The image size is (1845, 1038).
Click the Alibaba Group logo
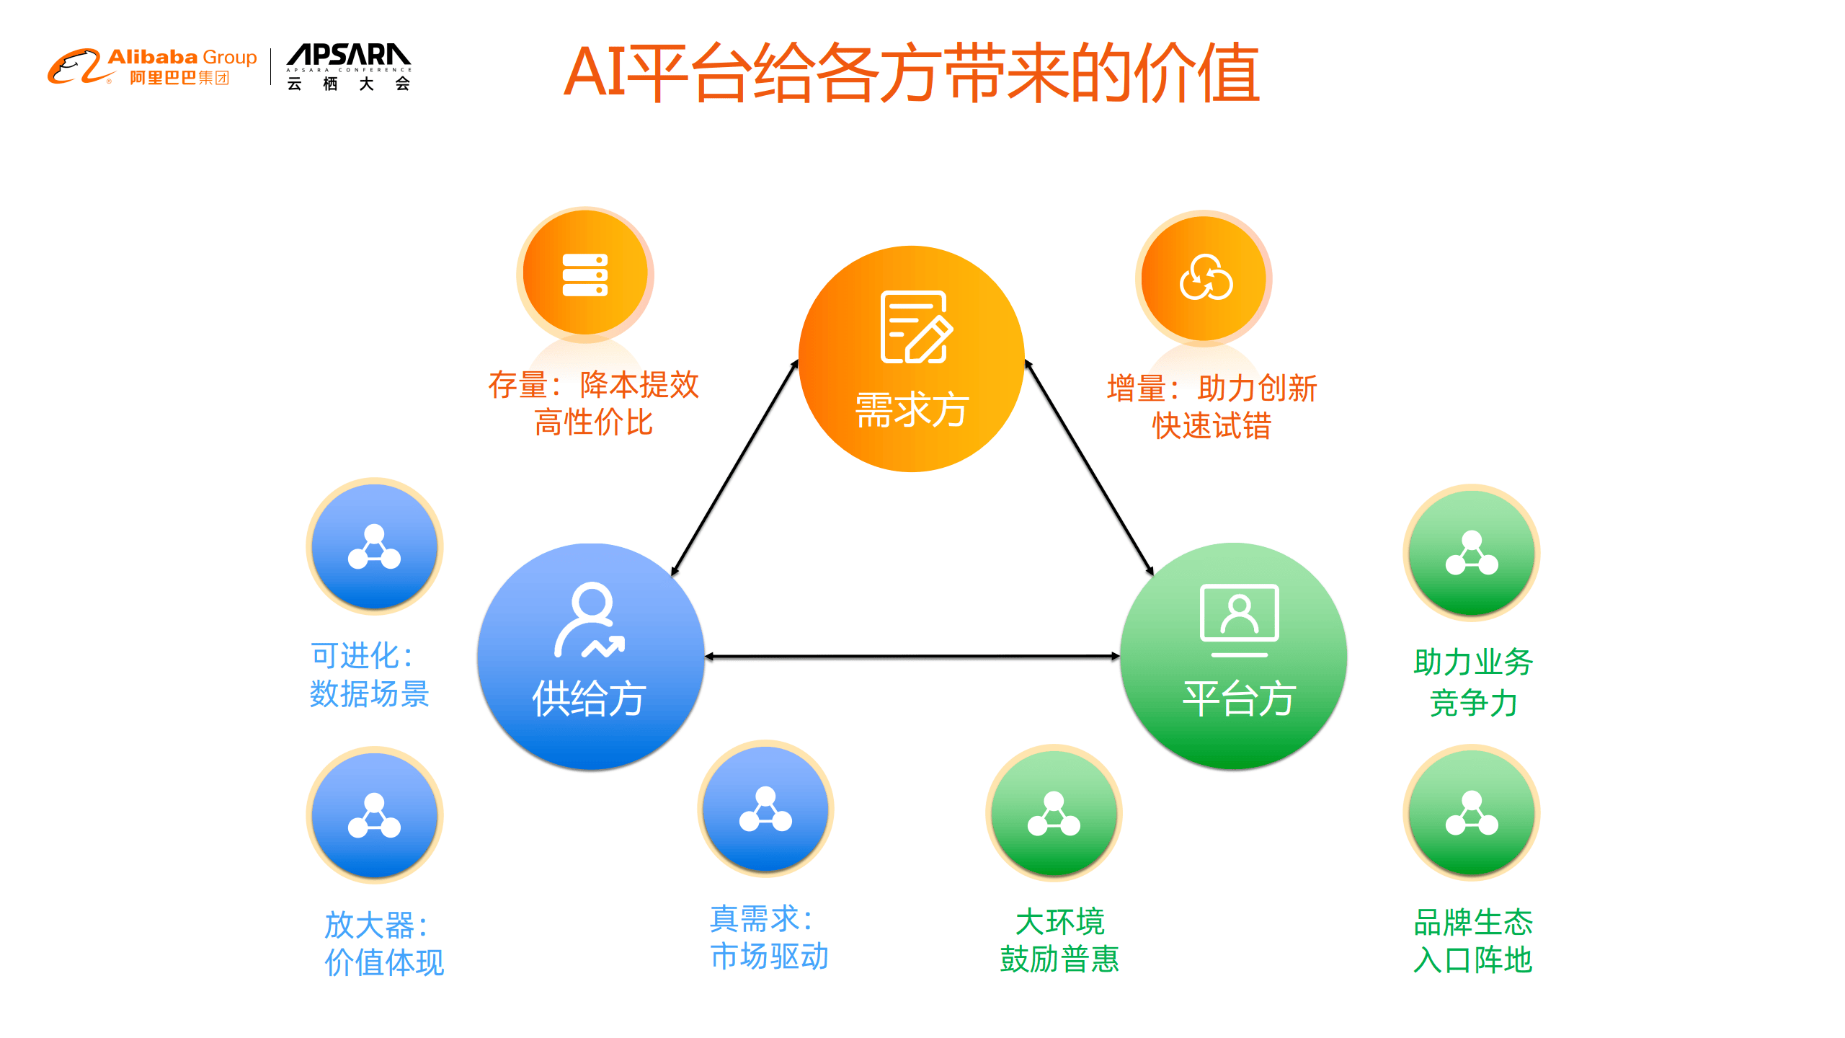(152, 66)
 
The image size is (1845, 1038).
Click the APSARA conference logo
(348, 66)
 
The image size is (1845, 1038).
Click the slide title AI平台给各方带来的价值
(911, 72)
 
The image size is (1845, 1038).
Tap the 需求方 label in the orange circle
(911, 409)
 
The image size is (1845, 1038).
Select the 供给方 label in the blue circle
(589, 698)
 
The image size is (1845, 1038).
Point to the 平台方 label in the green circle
(1239, 698)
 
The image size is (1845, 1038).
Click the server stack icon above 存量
(584, 275)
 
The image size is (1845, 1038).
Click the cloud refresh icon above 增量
(1205, 278)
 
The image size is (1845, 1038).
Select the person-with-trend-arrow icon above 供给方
(589, 620)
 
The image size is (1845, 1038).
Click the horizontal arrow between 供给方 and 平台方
(912, 657)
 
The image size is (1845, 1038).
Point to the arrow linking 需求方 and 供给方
(734, 469)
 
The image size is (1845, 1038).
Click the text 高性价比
(593, 422)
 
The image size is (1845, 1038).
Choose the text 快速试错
(1212, 425)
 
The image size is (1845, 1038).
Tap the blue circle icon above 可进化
(374, 546)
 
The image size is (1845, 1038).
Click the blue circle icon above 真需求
(765, 808)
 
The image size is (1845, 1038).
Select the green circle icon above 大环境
(1054, 812)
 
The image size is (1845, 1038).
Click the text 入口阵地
(1472, 960)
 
